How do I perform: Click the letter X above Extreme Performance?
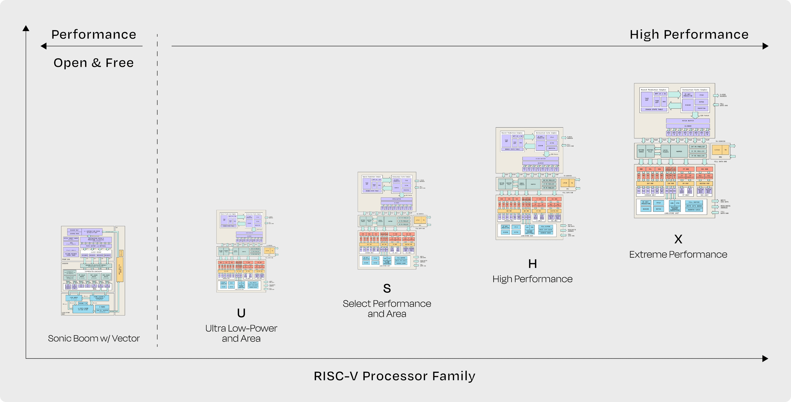tap(678, 239)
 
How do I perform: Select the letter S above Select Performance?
tap(387, 288)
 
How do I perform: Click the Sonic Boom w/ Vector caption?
tap(94, 338)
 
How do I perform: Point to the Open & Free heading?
tap(94, 63)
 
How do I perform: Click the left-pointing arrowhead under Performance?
tap(44, 46)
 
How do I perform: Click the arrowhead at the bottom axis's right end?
tap(765, 358)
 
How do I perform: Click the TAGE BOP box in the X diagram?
tap(647, 100)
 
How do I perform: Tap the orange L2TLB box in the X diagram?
tap(717, 150)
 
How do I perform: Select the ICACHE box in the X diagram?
tap(688, 105)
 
